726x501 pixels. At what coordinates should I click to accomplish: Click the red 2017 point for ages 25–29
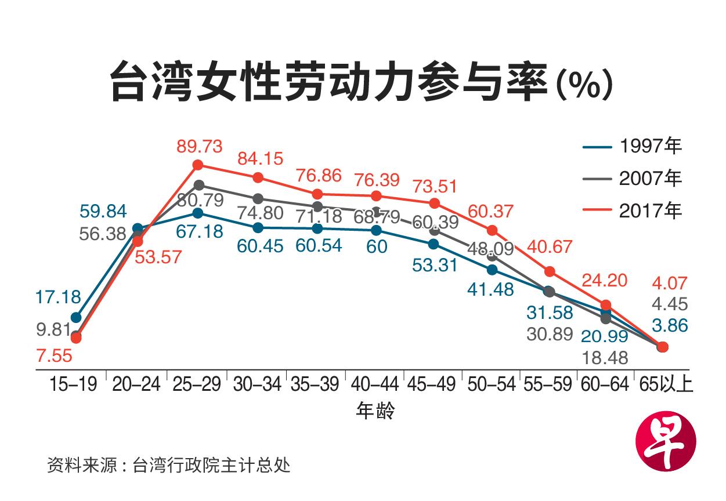pyautogui.click(x=198, y=165)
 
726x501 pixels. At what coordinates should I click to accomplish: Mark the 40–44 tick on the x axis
pyautogui.click(x=375, y=384)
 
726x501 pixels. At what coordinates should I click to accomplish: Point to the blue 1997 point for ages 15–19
pyautogui.click(x=75, y=317)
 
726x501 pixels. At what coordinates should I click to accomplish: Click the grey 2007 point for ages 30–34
pyautogui.click(x=258, y=199)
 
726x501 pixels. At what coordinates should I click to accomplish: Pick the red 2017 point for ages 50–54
pyautogui.click(x=493, y=230)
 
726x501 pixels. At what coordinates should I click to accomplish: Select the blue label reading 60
pyautogui.click(x=377, y=246)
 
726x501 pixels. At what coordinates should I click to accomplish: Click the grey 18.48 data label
pyautogui.click(x=606, y=358)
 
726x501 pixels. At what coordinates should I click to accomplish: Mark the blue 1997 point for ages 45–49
pyautogui.click(x=434, y=244)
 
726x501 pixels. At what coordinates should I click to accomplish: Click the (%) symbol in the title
pyautogui.click(x=584, y=85)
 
